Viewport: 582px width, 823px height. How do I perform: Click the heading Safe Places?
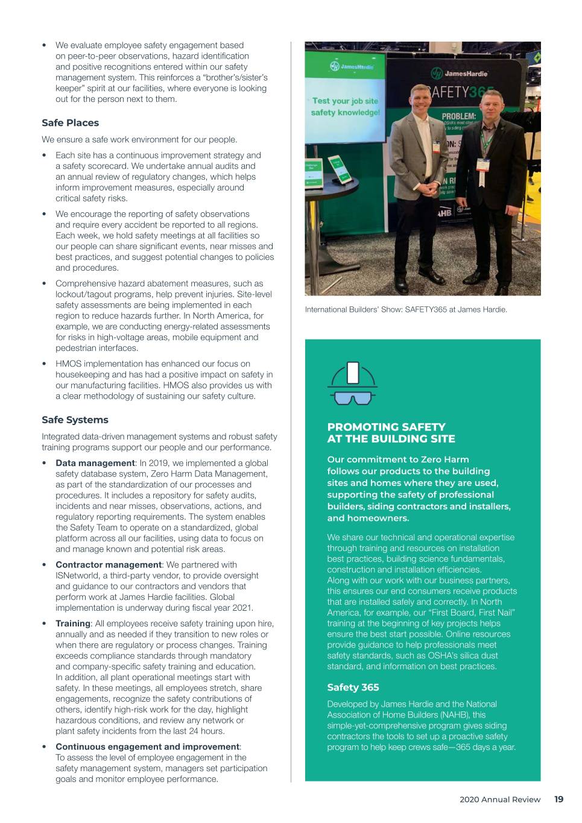70,123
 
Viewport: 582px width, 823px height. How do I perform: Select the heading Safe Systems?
75,420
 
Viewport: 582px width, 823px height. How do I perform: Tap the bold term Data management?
95,464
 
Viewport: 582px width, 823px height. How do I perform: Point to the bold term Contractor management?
109,565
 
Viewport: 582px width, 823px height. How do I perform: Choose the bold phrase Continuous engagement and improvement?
147,747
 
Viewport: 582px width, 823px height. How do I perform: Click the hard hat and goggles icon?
352,383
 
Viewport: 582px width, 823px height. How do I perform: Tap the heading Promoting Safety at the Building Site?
391,433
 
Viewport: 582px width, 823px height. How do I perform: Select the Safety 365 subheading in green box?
353,687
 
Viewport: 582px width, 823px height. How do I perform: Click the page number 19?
558,799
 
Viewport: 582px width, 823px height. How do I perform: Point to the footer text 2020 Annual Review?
500,799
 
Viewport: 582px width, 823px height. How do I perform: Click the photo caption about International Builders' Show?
406,310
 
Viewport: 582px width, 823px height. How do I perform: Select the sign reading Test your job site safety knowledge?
346,107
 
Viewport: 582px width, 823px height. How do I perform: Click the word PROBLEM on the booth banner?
458,116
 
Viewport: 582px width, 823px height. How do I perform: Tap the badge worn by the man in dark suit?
482,166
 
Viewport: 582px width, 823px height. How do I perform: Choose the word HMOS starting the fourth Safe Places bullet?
68,364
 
